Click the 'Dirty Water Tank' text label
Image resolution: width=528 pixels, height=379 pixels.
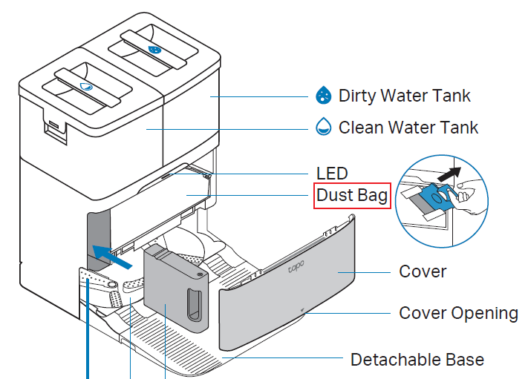click(404, 96)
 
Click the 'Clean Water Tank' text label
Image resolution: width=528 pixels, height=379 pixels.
click(408, 127)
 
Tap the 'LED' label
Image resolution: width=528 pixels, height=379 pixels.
click(332, 173)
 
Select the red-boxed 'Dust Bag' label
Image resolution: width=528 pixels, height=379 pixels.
click(352, 196)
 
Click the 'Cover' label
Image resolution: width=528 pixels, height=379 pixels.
click(423, 271)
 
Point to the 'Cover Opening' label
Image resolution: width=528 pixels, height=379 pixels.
click(458, 312)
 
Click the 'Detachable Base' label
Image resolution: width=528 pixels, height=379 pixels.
click(417, 360)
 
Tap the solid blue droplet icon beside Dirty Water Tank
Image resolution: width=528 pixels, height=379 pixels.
click(324, 96)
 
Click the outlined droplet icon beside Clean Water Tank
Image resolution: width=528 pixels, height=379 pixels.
click(324, 127)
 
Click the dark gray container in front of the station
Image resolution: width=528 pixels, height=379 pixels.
click(176, 293)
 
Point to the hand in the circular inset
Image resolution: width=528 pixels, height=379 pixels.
click(468, 194)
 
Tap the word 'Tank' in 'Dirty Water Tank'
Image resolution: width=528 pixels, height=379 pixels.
click(452, 96)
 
